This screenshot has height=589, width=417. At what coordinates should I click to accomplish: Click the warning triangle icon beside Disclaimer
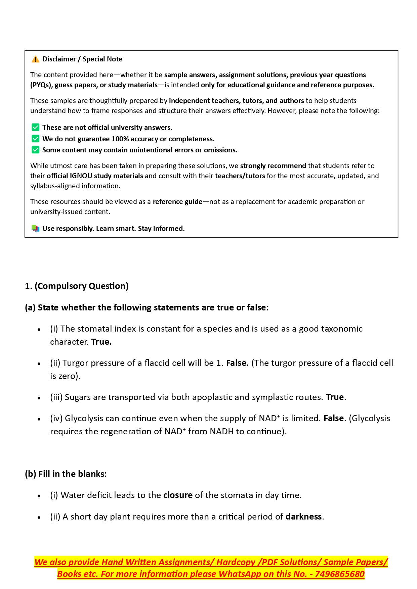(35, 59)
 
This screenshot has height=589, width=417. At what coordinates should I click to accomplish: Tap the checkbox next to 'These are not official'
(35, 127)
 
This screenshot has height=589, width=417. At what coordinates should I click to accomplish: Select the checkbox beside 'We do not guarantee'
(35, 139)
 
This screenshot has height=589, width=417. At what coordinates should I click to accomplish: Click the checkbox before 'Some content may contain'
(35, 150)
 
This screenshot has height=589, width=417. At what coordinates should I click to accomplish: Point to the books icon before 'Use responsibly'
(35, 229)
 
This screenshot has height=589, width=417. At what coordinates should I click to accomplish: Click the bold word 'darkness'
(303, 517)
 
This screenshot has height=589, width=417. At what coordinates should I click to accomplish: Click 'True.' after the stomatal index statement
(101, 342)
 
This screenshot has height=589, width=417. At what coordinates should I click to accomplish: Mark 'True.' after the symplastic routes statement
(336, 397)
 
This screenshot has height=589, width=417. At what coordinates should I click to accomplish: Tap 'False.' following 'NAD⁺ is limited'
(335, 419)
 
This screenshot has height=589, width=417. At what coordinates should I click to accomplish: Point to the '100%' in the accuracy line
(120, 139)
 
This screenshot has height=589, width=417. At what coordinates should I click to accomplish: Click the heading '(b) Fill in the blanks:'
(66, 474)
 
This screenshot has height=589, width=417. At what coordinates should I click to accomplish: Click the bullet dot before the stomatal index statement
(39, 330)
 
